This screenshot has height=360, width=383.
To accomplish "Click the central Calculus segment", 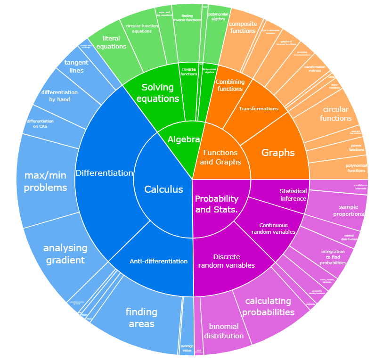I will pos(163,189).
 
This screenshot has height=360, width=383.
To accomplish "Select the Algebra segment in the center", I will pos(183,140).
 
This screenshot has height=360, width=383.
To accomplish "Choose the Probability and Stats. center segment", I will pos(216,204).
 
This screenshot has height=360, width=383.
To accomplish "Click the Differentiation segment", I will pos(105,173).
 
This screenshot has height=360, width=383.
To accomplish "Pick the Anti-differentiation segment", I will pos(158,261).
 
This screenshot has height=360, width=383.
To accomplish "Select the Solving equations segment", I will pos(161,92).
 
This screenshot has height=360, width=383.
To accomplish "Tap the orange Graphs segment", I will pos(278,153).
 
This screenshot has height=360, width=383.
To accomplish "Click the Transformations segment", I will pos(258,108).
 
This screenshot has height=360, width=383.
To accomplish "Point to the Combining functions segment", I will pos(229,85).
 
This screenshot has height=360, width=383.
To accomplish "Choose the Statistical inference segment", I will pos(293,195).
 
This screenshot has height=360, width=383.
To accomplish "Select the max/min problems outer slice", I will pos(46,182).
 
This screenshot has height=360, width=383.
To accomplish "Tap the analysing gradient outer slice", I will pos(65,254).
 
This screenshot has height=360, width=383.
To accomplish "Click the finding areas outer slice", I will pos(141,318).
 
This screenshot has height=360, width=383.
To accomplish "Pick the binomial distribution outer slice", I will pos(224,331).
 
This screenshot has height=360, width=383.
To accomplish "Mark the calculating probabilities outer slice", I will pos(268,306).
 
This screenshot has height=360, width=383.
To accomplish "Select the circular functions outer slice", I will pos(335,113).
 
